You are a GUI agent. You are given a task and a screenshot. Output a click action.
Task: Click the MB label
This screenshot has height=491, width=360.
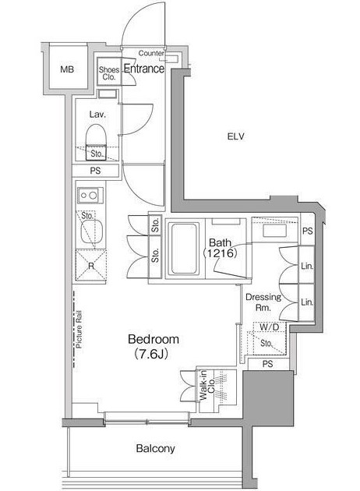click(67, 69)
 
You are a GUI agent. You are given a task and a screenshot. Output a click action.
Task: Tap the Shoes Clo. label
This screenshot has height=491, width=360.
click(109, 73)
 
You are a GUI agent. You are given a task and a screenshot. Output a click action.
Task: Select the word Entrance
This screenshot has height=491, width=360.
click(144, 69)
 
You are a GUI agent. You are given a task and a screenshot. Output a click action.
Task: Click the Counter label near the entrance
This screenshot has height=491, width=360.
click(151, 53)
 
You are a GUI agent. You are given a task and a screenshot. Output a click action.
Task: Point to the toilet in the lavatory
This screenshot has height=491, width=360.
click(97, 142)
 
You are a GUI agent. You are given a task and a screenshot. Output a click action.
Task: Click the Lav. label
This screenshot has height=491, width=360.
click(97, 115)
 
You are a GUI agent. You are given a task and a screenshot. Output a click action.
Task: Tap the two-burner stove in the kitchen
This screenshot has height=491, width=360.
click(90, 196)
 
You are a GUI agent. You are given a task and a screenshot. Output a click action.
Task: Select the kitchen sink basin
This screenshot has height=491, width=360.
click(92, 231)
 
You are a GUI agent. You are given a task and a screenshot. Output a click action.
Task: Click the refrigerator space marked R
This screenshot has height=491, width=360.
click(91, 266)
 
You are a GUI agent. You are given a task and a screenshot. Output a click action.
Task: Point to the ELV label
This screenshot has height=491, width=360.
click(236, 136)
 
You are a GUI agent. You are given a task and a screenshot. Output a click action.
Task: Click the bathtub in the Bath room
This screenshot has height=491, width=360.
click(185, 249)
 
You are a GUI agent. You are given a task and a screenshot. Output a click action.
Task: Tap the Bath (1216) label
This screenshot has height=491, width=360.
click(220, 248)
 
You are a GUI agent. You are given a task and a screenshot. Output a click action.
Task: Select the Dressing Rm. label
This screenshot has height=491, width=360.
click(263, 302)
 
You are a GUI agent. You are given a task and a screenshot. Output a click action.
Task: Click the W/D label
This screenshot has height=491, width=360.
click(270, 327)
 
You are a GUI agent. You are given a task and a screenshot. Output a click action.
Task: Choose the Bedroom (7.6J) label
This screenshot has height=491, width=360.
click(154, 346)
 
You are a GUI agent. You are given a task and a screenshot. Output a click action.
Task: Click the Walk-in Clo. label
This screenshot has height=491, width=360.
click(207, 386)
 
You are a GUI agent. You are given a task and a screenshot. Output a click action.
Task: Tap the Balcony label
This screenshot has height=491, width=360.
click(155, 449)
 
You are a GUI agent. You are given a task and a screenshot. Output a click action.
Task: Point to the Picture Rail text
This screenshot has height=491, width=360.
click(79, 329)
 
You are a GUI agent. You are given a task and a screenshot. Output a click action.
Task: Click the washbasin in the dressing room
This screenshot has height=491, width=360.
click(274, 231)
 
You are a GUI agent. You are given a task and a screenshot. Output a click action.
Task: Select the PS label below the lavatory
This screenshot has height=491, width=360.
click(96, 171)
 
